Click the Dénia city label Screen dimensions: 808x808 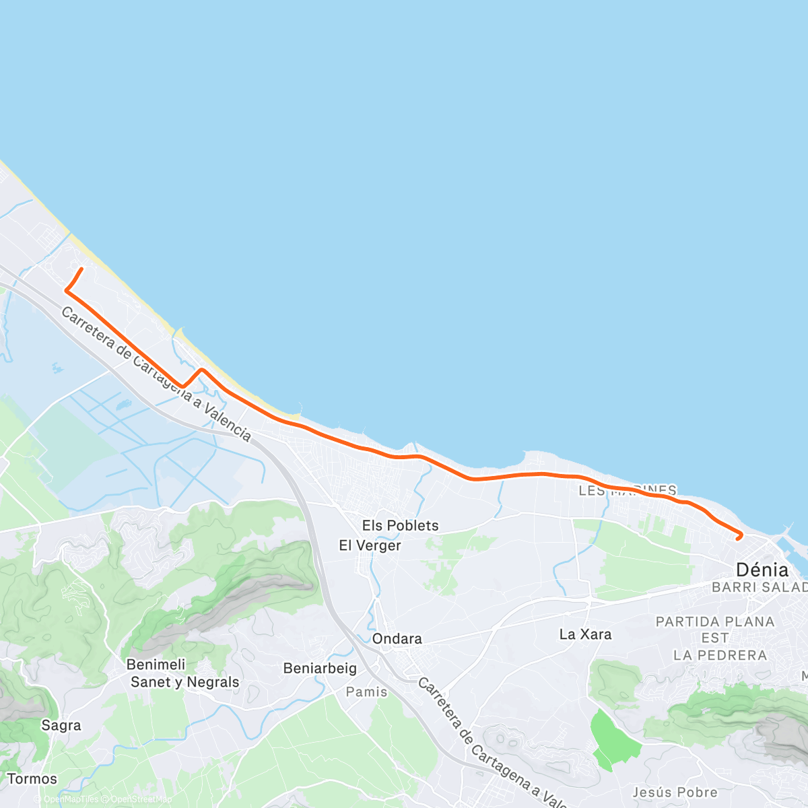click(762, 570)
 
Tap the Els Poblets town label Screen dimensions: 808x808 click(400, 526)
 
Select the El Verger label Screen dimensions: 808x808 click(370, 545)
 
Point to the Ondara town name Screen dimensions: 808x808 click(397, 638)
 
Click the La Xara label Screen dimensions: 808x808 click(586, 634)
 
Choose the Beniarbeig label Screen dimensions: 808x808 click(320, 669)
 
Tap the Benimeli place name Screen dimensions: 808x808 click(156, 665)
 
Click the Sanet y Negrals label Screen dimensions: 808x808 click(184, 682)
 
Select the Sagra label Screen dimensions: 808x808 click(61, 725)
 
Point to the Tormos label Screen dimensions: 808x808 click(32, 779)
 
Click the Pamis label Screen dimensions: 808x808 click(367, 692)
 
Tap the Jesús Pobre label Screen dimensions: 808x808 click(675, 793)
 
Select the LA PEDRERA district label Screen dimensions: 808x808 click(720, 655)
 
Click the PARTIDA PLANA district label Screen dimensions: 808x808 click(715, 621)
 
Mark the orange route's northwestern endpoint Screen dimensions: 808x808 click(81, 269)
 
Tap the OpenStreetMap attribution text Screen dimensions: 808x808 click(141, 799)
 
